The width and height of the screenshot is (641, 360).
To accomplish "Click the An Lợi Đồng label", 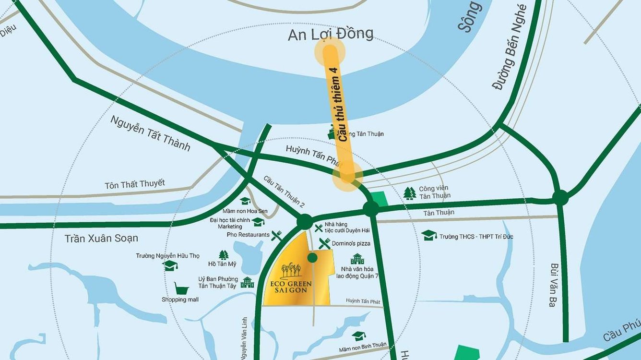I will tap(331, 34).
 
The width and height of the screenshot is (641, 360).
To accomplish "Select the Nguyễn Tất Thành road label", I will tap(150, 133).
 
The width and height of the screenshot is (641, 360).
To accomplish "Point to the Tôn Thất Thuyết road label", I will tap(135, 184).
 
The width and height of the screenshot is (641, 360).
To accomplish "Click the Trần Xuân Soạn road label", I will tap(101, 238).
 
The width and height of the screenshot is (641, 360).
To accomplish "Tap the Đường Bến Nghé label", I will tap(510, 47).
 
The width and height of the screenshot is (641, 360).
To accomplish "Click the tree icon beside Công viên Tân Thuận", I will tap(409, 193).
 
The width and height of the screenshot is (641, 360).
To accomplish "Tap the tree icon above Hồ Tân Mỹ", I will tap(223, 254).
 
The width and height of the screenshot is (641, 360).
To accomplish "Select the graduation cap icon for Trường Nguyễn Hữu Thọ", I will tap(170, 265).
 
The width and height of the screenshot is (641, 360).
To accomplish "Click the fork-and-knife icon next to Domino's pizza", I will tap(324, 243).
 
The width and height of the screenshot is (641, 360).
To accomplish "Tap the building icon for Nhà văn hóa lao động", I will tap(357, 259).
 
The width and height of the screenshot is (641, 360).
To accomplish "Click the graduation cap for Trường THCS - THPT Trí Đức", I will tap(428, 235).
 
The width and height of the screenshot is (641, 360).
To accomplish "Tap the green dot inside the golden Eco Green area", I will tap(312, 258).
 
